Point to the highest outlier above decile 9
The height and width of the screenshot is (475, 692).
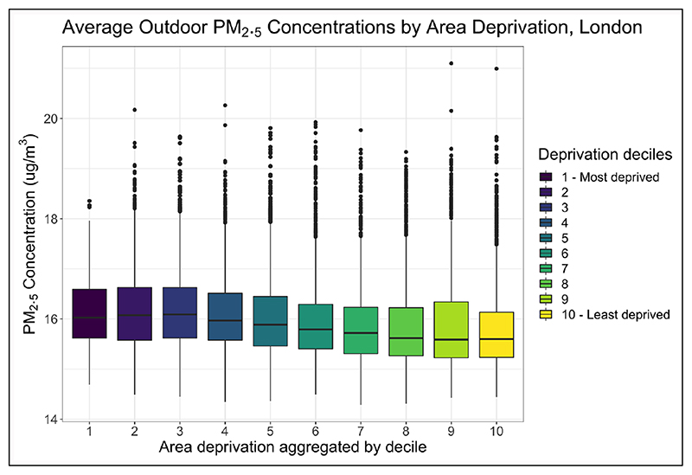tap(451, 63)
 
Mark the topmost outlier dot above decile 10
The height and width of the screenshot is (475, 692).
tap(496, 68)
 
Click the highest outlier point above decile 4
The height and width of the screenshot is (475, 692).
tap(224, 106)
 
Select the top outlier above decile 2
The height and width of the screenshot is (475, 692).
tap(134, 110)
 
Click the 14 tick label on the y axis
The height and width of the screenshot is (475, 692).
tap(53, 420)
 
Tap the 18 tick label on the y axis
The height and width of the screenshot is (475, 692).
tap(53, 219)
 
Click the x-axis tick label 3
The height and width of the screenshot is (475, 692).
tap(179, 429)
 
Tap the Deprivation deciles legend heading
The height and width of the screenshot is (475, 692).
tap(604, 155)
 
